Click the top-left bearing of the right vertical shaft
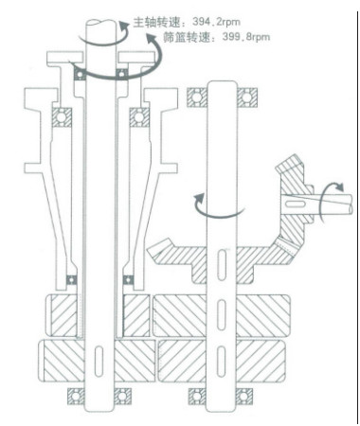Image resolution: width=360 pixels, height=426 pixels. [x=196, y=94]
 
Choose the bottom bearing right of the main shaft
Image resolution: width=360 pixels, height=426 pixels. [x=121, y=394]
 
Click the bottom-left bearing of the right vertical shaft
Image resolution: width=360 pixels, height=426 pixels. [x=196, y=393]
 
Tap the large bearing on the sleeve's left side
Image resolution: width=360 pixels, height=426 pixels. [x=62, y=119]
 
